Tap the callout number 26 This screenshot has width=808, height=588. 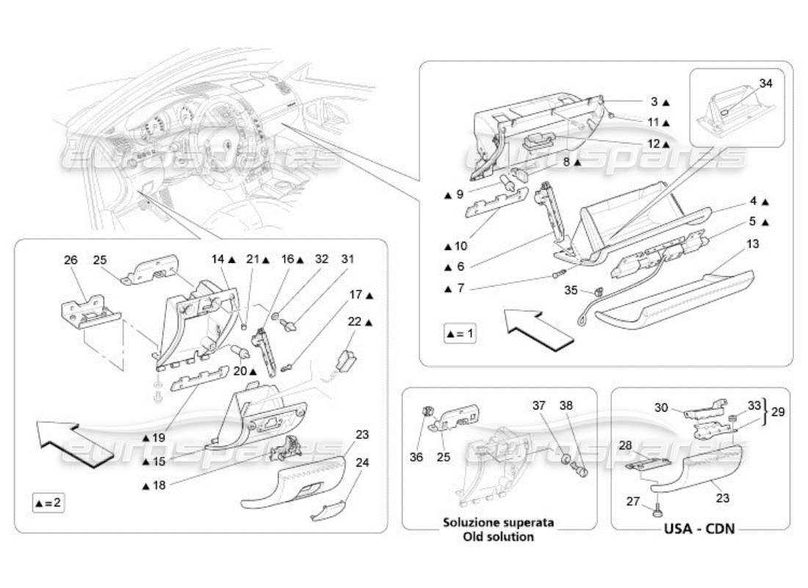71,259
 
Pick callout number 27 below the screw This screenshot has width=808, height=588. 632,502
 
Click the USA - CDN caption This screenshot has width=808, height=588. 701,528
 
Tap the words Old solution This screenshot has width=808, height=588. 499,537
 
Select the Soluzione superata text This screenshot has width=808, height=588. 499,523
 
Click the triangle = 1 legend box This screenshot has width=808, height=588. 461,334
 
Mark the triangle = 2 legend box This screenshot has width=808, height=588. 47,503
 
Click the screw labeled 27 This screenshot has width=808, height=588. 656,506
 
